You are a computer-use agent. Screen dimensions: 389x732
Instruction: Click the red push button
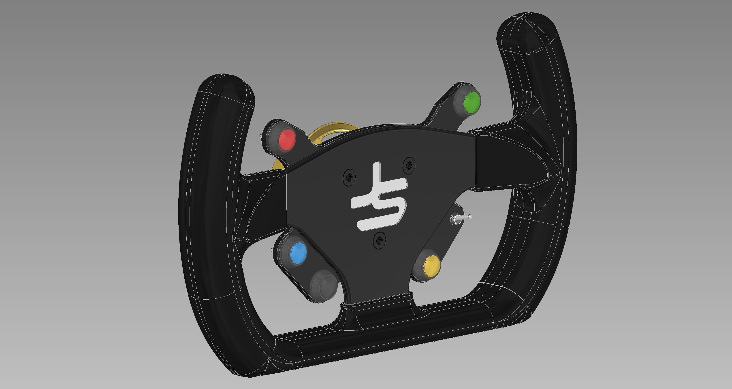(x=287, y=140)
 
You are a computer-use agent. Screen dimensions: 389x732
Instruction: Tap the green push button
(x=472, y=102)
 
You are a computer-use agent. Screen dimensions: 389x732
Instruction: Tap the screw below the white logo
(x=379, y=241)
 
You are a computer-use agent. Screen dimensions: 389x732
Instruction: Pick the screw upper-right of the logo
(x=409, y=165)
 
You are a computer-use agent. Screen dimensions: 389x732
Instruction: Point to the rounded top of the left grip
(x=226, y=85)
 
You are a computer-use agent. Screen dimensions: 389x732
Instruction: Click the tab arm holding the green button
(x=443, y=111)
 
